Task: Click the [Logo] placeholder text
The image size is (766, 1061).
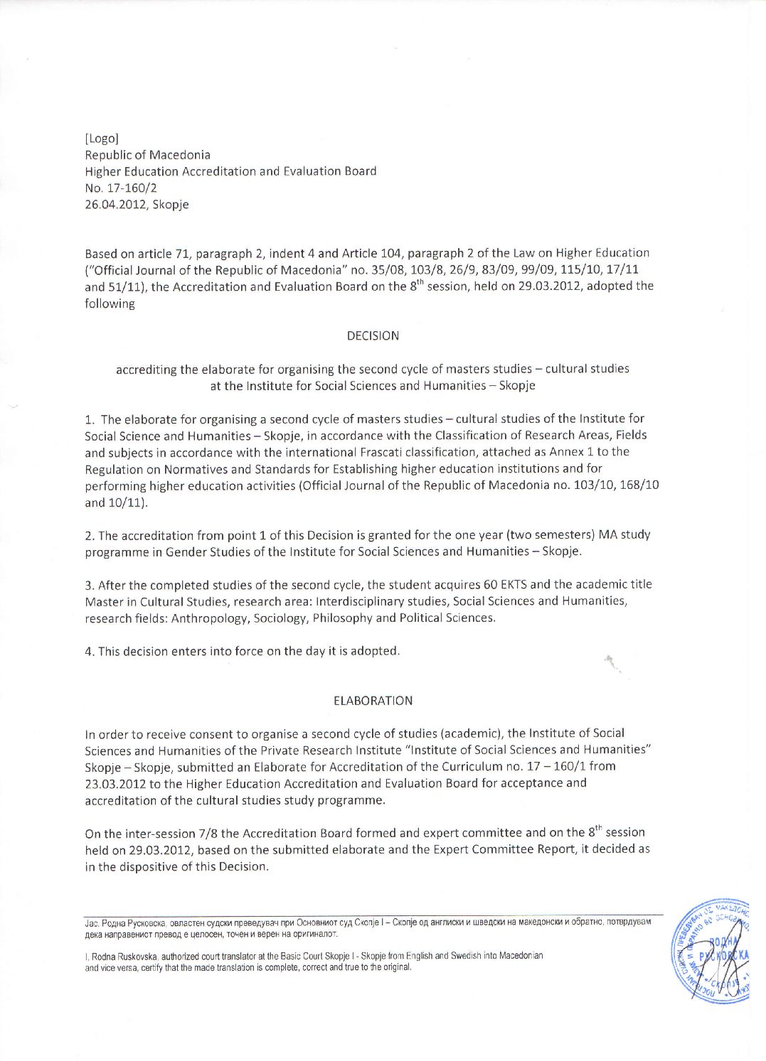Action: click(102, 138)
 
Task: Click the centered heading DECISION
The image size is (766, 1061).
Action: click(373, 335)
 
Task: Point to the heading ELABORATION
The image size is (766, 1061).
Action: click(373, 701)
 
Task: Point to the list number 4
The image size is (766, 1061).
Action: click(88, 652)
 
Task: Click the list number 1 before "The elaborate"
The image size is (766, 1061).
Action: click(88, 419)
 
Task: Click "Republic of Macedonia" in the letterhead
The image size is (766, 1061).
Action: click(147, 155)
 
